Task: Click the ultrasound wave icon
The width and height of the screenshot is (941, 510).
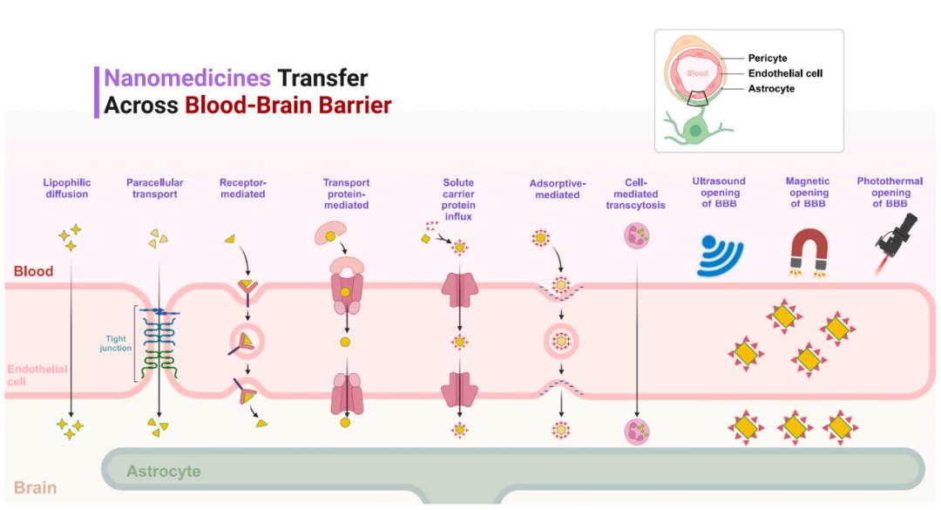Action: pyautogui.click(x=720, y=254)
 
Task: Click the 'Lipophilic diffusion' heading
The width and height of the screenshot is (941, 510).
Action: pyautogui.click(x=66, y=188)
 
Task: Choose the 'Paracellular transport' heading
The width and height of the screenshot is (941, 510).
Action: pyautogui.click(x=155, y=188)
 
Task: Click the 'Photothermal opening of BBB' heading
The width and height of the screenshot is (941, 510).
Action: pyautogui.click(x=883, y=193)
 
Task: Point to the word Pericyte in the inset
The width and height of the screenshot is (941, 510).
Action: pyautogui.click(x=768, y=58)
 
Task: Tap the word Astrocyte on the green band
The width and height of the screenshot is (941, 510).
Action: pyautogui.click(x=163, y=472)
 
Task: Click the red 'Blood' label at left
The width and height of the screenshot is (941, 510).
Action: pyautogui.click(x=33, y=271)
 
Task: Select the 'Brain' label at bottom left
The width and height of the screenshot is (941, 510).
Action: pyautogui.click(x=36, y=488)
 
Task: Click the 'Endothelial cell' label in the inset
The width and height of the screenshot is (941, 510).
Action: pyautogui.click(x=785, y=73)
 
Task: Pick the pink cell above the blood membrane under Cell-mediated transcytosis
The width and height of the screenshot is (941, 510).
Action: pyautogui.click(x=638, y=236)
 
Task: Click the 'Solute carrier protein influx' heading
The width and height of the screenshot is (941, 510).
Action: pyautogui.click(x=458, y=200)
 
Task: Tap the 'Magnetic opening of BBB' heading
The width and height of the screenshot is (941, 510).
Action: pyautogui.click(x=808, y=193)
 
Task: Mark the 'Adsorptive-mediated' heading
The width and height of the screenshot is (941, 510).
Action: pyautogui.click(x=554, y=188)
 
